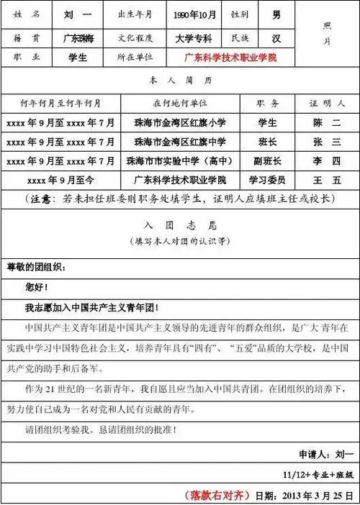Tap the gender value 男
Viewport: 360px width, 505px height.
(x=276, y=14)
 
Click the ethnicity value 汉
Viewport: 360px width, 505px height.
(x=276, y=37)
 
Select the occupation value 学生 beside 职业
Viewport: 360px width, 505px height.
(x=77, y=57)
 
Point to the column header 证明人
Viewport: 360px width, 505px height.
(x=327, y=104)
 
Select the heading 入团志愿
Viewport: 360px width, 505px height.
(x=179, y=224)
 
